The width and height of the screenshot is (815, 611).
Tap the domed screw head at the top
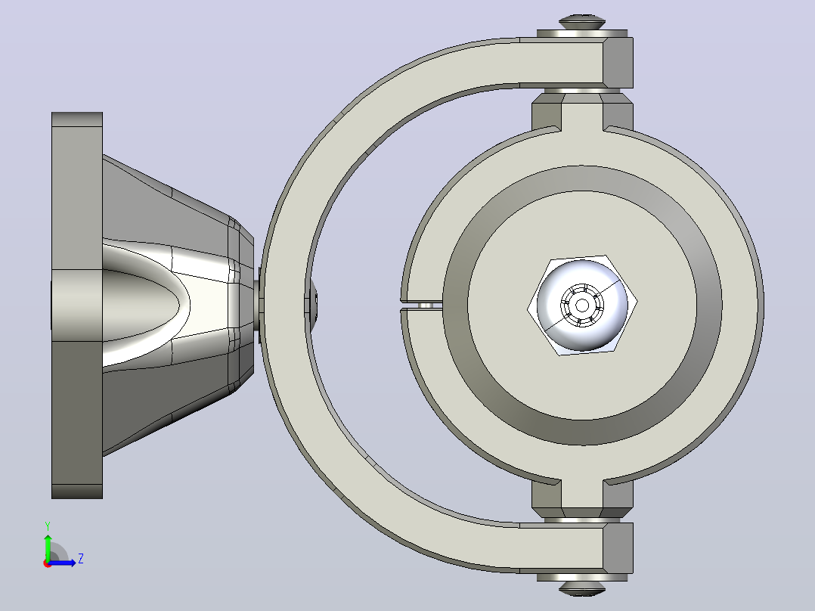[582, 23]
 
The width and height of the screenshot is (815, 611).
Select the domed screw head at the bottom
[582, 588]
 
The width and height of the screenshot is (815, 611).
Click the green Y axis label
[48, 526]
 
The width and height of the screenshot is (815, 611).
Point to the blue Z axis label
[81, 559]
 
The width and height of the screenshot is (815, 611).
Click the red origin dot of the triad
[48, 563]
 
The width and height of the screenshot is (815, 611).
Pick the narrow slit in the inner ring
[422, 305]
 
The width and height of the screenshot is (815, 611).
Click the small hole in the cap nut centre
[583, 305]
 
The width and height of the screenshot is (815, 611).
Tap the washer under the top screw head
[582, 34]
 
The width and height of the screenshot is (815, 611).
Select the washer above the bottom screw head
[582, 577]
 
